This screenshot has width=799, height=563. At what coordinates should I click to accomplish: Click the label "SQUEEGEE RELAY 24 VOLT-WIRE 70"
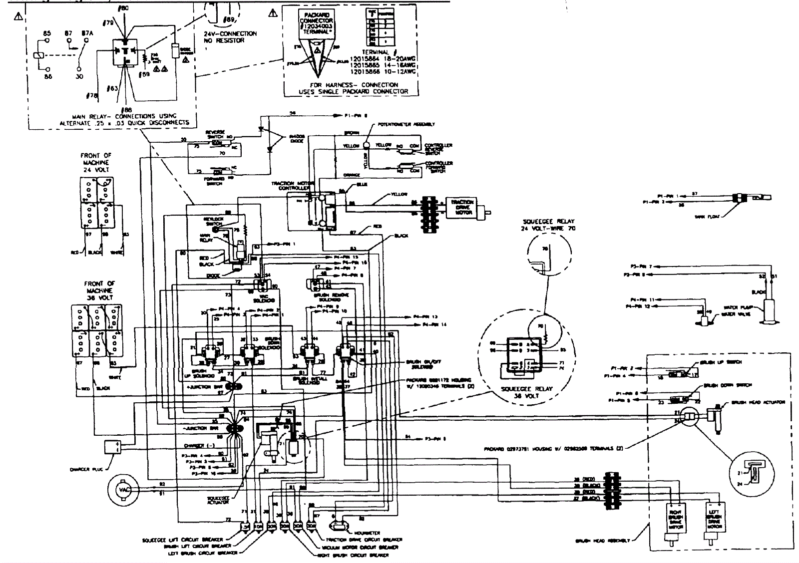548,225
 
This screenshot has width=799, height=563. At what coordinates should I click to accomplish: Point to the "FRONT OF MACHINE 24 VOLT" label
96,163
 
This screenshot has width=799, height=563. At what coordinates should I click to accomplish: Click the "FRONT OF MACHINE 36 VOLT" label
99,290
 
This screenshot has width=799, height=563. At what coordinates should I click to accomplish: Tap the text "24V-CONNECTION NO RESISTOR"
230,37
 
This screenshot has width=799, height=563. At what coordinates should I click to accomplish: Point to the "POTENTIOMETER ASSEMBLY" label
406,124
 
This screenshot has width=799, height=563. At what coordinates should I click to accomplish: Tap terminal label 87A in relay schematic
87,34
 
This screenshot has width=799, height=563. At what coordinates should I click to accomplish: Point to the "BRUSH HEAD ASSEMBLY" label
602,541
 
